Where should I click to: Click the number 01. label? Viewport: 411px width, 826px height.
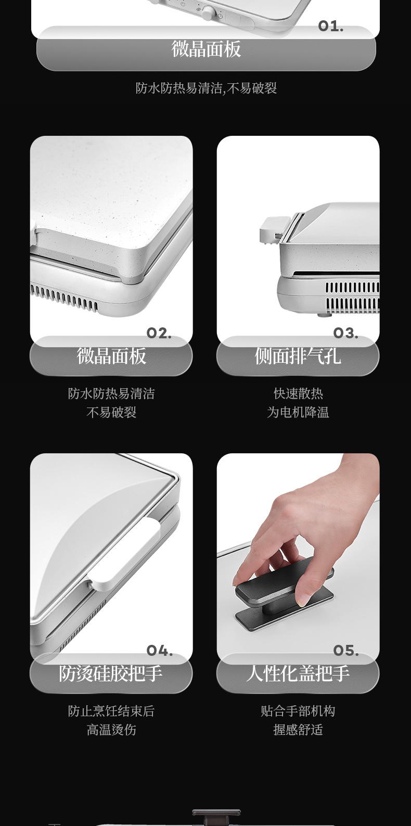[x=331, y=27]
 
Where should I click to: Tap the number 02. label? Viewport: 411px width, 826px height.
[x=159, y=333]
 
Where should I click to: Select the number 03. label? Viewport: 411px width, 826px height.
[x=345, y=333]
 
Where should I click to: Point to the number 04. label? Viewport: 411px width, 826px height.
[x=159, y=651]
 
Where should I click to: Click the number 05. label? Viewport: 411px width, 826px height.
[x=346, y=651]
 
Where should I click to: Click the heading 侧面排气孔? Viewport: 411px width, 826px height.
[x=298, y=356]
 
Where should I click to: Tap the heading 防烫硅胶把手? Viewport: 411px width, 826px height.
[x=111, y=673]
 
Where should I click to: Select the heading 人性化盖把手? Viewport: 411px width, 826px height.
[x=298, y=673]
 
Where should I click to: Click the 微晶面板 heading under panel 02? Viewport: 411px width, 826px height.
[x=111, y=356]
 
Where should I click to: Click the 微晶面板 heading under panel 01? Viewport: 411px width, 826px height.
[x=206, y=49]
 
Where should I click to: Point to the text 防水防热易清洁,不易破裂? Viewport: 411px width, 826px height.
[x=206, y=88]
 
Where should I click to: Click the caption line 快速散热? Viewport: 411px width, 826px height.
[x=298, y=393]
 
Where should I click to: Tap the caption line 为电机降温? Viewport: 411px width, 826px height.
[x=298, y=412]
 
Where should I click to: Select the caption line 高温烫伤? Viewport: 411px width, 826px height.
[x=111, y=729]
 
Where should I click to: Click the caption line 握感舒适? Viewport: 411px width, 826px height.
[x=298, y=729]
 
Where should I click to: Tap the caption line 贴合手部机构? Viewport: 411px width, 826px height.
[x=298, y=711]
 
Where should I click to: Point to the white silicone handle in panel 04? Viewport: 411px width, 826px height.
[x=125, y=553]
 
